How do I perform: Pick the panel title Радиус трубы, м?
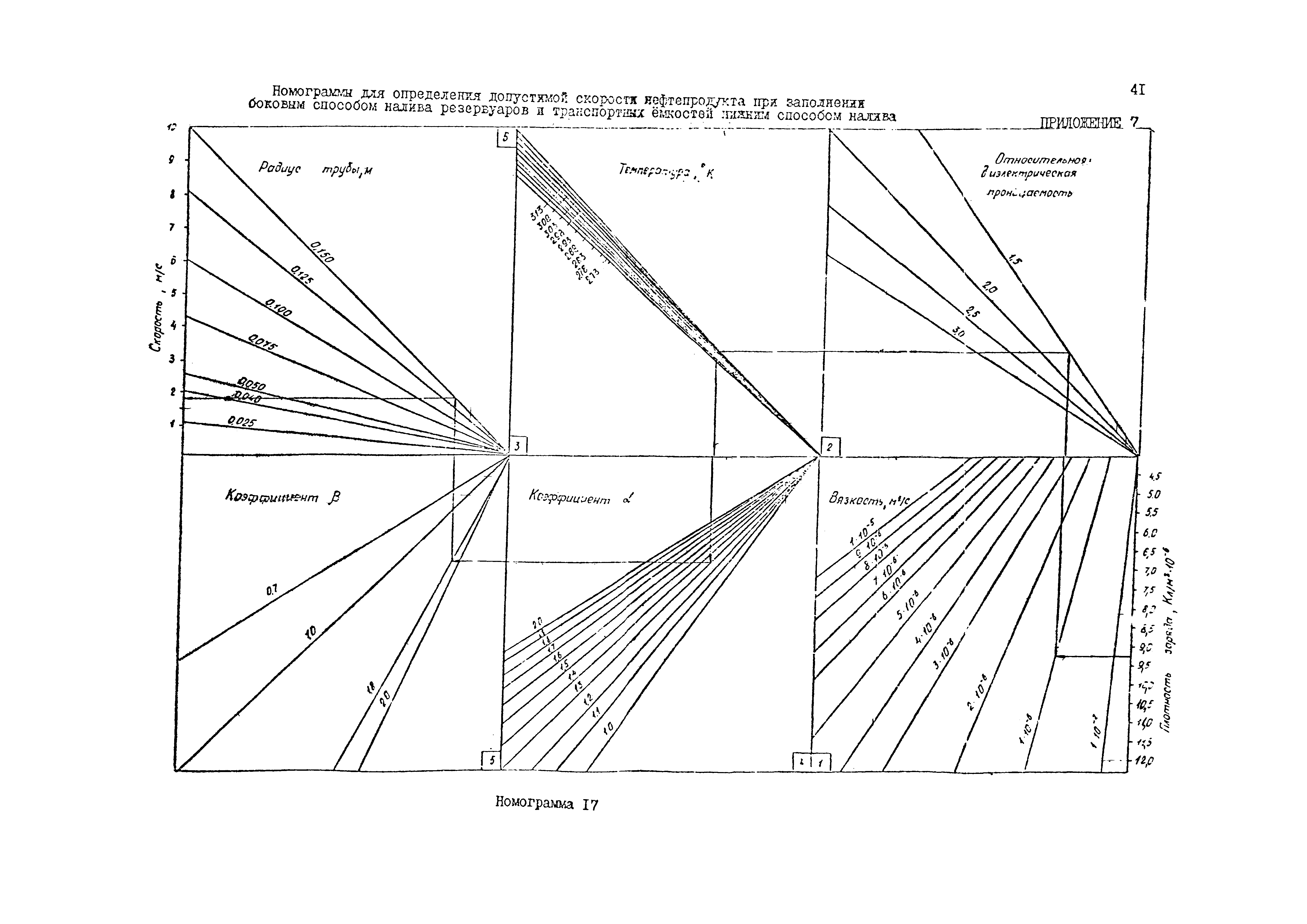tap(315, 169)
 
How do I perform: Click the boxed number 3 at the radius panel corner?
tap(518, 447)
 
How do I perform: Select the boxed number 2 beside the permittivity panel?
tap(830, 447)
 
